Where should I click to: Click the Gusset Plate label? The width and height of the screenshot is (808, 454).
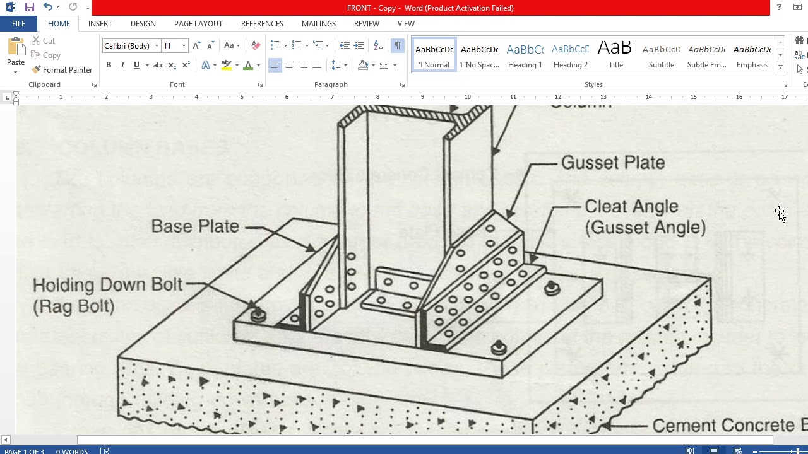click(612, 163)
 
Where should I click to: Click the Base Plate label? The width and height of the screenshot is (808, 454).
click(195, 226)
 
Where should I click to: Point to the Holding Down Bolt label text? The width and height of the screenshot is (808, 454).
click(107, 285)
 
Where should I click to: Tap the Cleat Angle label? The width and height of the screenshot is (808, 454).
click(631, 207)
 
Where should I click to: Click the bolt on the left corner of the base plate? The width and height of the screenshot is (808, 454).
click(258, 313)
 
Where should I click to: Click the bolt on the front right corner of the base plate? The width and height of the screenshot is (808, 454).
click(499, 347)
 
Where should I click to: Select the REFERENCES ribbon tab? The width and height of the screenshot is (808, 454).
click(262, 24)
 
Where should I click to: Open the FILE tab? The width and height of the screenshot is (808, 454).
click(18, 24)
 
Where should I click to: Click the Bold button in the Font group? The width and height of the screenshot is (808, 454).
click(109, 65)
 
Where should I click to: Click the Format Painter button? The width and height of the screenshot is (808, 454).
click(62, 70)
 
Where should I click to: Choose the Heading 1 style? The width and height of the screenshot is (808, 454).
click(525, 56)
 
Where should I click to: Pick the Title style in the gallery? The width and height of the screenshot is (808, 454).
click(615, 56)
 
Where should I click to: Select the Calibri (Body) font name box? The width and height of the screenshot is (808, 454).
click(127, 46)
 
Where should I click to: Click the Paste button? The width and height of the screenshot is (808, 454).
click(16, 54)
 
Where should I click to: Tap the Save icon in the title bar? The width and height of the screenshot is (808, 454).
click(29, 8)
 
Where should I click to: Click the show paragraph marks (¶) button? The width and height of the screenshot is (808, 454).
click(397, 45)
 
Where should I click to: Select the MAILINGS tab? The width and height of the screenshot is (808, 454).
click(318, 24)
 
